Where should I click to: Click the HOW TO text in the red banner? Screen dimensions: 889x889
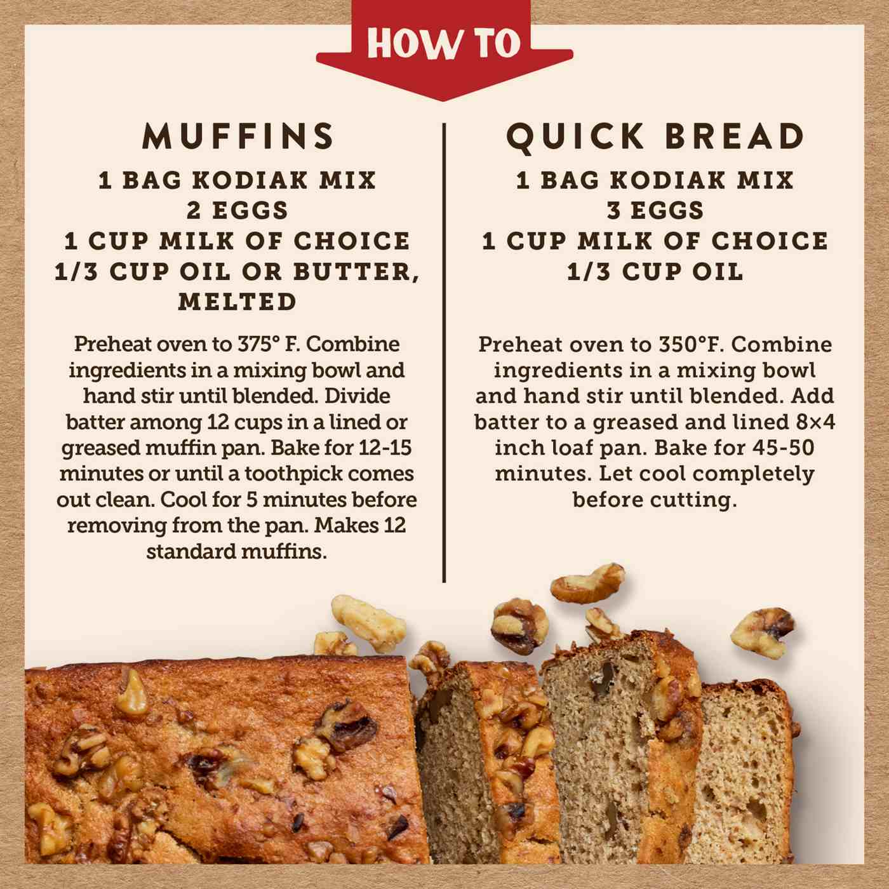tap(444, 44)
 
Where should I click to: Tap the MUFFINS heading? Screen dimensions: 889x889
tap(239, 136)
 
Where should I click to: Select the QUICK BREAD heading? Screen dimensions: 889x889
tap(655, 137)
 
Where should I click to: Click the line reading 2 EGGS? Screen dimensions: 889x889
tap(237, 211)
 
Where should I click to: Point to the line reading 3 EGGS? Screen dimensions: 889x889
tap(655, 211)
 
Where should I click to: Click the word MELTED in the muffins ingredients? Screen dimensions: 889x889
tap(237, 302)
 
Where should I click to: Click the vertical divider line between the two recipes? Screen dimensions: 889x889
tap(444, 352)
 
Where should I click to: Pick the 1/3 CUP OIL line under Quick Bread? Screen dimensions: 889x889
tap(655, 272)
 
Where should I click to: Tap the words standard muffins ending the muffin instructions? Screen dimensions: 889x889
tap(237, 552)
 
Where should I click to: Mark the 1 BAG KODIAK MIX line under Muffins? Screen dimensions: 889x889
tap(237, 180)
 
